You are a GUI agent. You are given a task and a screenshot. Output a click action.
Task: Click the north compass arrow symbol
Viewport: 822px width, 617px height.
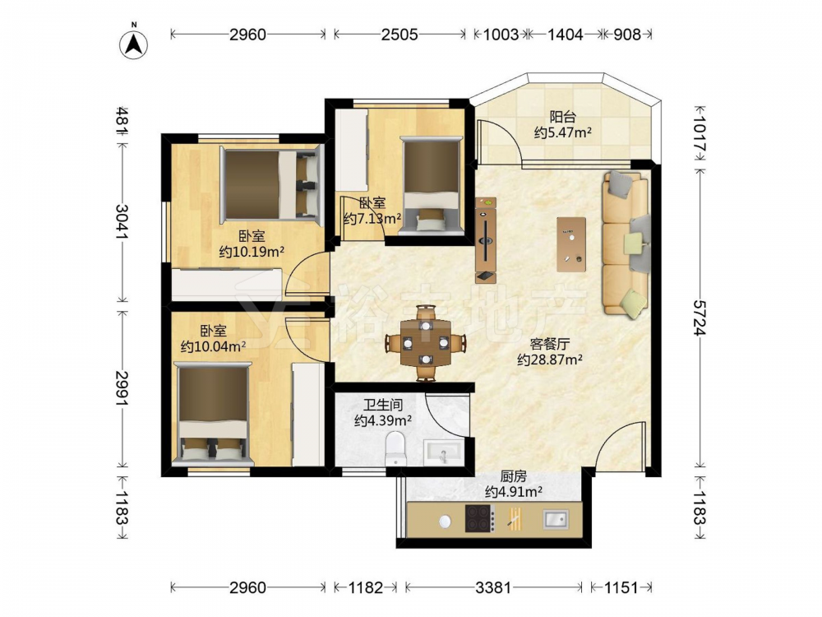click(x=134, y=44)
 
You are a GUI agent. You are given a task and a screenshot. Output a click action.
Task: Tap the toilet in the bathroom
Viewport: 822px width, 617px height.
click(x=396, y=448)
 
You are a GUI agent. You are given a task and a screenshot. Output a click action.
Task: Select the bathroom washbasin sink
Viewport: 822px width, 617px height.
click(x=444, y=452)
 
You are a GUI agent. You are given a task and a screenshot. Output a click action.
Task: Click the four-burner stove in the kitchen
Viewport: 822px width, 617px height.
click(x=480, y=517)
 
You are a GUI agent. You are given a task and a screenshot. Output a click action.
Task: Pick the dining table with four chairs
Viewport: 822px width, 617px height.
click(x=426, y=343)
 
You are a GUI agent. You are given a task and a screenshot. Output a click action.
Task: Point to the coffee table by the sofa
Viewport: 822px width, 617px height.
click(x=571, y=244)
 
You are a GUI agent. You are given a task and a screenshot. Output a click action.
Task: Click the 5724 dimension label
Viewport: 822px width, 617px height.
click(x=700, y=318)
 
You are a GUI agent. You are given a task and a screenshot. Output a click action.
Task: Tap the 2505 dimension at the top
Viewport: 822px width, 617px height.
click(x=399, y=35)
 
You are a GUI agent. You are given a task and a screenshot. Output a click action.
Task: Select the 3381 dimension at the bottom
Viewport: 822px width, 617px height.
click(x=492, y=587)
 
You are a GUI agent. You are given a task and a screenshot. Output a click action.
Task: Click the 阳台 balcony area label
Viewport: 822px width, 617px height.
click(x=562, y=117)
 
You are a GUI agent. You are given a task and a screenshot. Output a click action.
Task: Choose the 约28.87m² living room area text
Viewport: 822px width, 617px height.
click(x=550, y=360)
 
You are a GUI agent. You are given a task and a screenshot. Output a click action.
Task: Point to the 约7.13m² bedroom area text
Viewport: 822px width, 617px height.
click(x=372, y=218)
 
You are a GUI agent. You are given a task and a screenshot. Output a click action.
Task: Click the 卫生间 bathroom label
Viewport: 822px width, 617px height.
click(x=383, y=405)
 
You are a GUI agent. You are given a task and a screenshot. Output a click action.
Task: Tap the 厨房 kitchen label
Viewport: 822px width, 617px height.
click(x=513, y=476)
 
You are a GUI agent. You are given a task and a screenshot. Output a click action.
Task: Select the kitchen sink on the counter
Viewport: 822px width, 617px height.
click(x=556, y=519)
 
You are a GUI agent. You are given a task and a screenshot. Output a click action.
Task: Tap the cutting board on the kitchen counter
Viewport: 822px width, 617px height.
click(x=515, y=517)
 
